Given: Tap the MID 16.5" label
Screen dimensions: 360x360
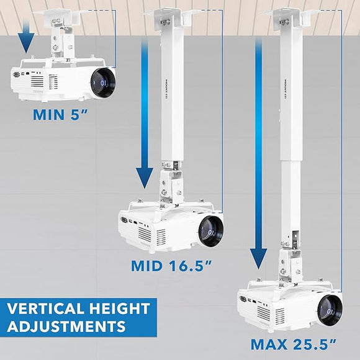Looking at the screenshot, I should coord(173,266).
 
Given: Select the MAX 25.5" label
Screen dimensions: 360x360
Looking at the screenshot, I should coord(293,343).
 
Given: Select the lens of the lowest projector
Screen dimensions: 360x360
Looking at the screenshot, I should coord(330,307).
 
